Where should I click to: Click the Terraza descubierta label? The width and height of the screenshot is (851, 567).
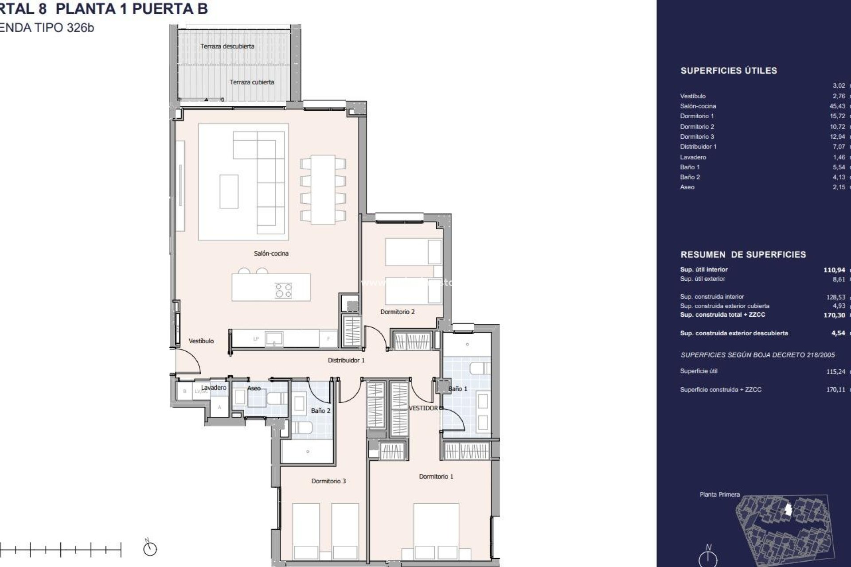click(x=227, y=46)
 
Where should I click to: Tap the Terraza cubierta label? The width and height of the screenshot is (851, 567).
click(x=251, y=82)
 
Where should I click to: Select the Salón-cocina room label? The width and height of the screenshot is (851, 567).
click(x=271, y=253)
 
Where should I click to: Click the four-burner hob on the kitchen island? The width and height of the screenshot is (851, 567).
click(x=284, y=291)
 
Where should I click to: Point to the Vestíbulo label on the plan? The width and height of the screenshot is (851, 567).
click(x=201, y=341)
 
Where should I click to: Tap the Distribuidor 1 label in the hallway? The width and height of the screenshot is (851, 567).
click(x=346, y=360)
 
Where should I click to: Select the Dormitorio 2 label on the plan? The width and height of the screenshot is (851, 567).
click(x=397, y=312)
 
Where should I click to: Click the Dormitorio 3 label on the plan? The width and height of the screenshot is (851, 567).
click(x=328, y=481)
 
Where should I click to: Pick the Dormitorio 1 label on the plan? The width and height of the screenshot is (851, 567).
click(x=436, y=477)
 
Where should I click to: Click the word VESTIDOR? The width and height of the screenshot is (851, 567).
click(x=423, y=408)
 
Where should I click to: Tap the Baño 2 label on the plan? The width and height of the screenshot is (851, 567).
click(x=320, y=411)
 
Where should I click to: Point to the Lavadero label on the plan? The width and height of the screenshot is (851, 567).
click(x=214, y=388)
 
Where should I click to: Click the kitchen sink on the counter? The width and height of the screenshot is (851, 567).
click(x=274, y=339)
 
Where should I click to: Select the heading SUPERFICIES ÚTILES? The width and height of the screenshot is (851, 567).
click(x=729, y=70)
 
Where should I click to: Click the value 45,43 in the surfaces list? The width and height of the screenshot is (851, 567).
click(x=837, y=106)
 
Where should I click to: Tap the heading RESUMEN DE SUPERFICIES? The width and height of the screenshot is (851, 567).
click(x=743, y=255)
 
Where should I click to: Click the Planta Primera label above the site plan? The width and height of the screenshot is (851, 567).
click(x=719, y=494)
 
